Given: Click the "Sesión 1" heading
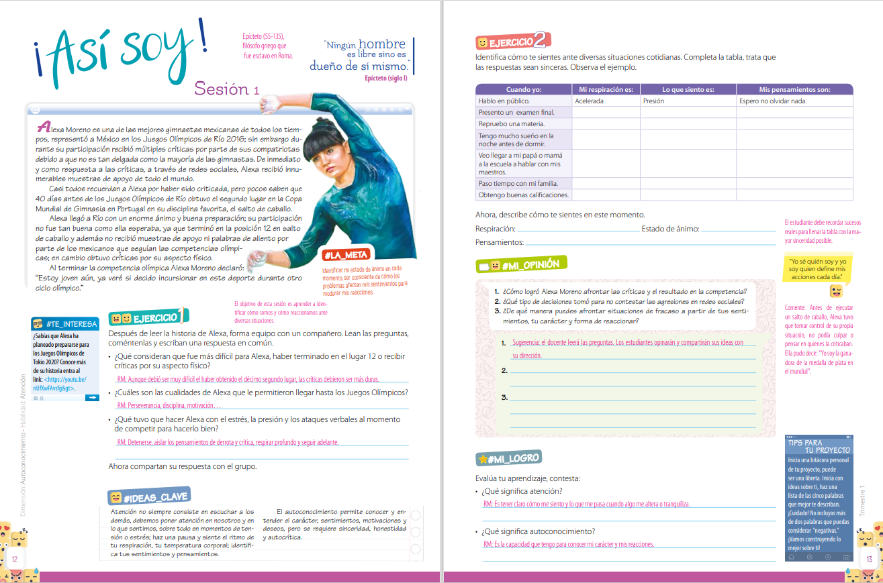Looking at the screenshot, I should [x=226, y=89].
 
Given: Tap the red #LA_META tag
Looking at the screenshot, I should [x=345, y=255].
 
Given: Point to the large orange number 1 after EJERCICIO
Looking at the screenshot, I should [x=183, y=315].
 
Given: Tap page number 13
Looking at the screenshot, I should [x=869, y=559].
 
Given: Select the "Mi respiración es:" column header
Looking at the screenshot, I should [x=606, y=89].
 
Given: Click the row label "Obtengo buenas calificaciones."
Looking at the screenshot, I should [x=524, y=195].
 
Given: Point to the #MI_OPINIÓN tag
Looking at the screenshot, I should [x=529, y=264].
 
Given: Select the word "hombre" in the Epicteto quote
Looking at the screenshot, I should [x=383, y=44].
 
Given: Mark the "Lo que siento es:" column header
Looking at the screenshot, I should [x=688, y=89].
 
